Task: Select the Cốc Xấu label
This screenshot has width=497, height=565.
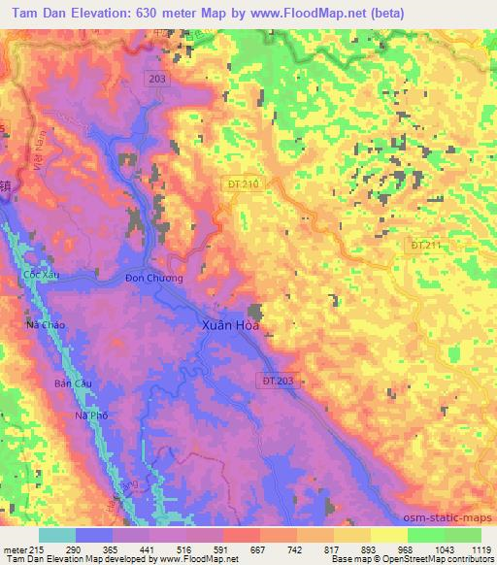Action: [x=42, y=276]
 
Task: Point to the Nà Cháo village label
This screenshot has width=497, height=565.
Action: [x=46, y=324]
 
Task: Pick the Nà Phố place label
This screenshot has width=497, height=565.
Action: [x=90, y=415]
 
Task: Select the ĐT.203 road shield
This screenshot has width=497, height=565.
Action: [x=278, y=382]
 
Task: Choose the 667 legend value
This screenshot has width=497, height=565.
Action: [x=256, y=549]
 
